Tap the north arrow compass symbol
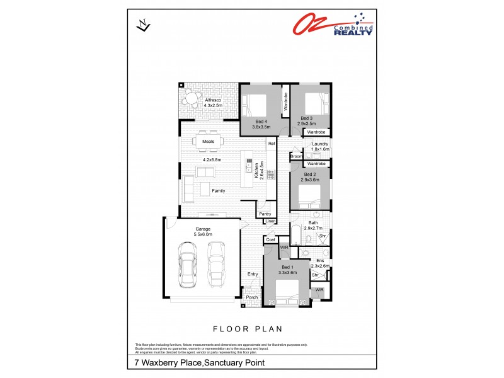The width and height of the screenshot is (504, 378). click(x=144, y=25)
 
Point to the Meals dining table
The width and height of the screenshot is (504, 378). click(x=209, y=142)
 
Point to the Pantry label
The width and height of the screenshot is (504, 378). click(x=265, y=214)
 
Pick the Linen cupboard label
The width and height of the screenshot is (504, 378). click(x=269, y=222)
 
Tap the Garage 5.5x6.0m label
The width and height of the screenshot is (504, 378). click(x=202, y=231)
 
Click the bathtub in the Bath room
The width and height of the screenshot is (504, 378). click(x=296, y=237)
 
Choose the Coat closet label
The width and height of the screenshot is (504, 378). click(x=270, y=239)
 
